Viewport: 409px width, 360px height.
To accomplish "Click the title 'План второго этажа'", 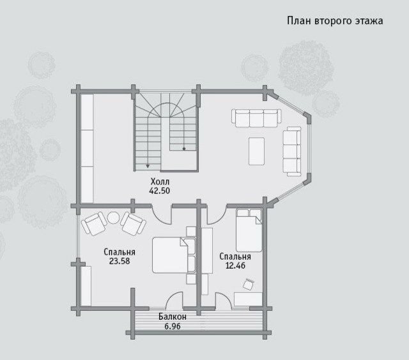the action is click(335, 21).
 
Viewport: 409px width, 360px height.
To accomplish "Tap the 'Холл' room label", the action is click(160, 181).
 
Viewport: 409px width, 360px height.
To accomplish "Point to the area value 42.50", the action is click(159, 191).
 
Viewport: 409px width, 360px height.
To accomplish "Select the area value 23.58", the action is click(120, 261).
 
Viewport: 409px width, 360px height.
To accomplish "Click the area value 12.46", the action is click(235, 266).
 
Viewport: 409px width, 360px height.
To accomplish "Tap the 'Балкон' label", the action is click(173, 317).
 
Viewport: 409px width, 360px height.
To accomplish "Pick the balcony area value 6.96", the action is click(173, 326).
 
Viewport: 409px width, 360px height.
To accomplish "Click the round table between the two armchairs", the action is click(114, 218).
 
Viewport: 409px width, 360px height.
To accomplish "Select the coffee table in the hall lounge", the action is click(257, 151).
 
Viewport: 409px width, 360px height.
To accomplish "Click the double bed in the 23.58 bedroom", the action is click(174, 255).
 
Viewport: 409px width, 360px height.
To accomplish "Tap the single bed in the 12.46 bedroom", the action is click(249, 230).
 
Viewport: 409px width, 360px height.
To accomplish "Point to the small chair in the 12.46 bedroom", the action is click(249, 283).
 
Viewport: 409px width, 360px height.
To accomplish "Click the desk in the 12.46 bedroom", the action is click(248, 299).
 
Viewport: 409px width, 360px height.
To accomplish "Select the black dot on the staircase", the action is click(184, 149).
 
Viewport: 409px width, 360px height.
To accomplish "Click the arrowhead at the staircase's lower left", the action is click(148, 166).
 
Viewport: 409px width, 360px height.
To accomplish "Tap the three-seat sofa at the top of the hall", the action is click(257, 118).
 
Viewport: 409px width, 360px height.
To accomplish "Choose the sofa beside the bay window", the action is click(292, 152).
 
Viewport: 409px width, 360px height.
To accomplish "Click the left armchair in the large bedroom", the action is click(94, 223).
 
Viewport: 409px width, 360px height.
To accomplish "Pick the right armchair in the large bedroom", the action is click(133, 223).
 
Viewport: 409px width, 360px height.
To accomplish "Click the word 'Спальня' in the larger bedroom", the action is click(120, 252).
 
